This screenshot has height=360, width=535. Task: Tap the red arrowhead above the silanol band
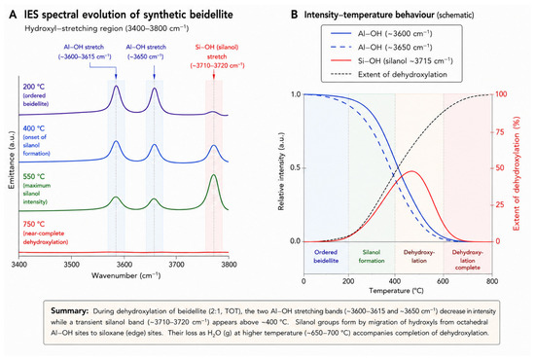click(214, 77)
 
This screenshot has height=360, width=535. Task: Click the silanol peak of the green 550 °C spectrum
click(214, 175)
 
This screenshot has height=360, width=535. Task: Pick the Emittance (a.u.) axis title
click(12, 160)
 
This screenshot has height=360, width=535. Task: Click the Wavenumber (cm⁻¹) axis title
click(125, 275)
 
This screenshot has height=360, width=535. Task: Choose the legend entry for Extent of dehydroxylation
click(388, 74)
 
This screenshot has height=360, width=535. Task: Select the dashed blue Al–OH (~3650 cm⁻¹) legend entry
click(381, 47)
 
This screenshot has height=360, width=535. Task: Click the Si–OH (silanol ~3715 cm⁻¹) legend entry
click(391, 60)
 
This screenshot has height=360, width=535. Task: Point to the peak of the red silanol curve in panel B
click(412, 171)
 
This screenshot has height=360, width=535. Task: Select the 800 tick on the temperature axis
click(492, 281)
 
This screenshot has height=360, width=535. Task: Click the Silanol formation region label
click(372, 256)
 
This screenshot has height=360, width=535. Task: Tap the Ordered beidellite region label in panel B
click(326, 256)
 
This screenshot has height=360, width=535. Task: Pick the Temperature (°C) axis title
click(396, 291)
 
